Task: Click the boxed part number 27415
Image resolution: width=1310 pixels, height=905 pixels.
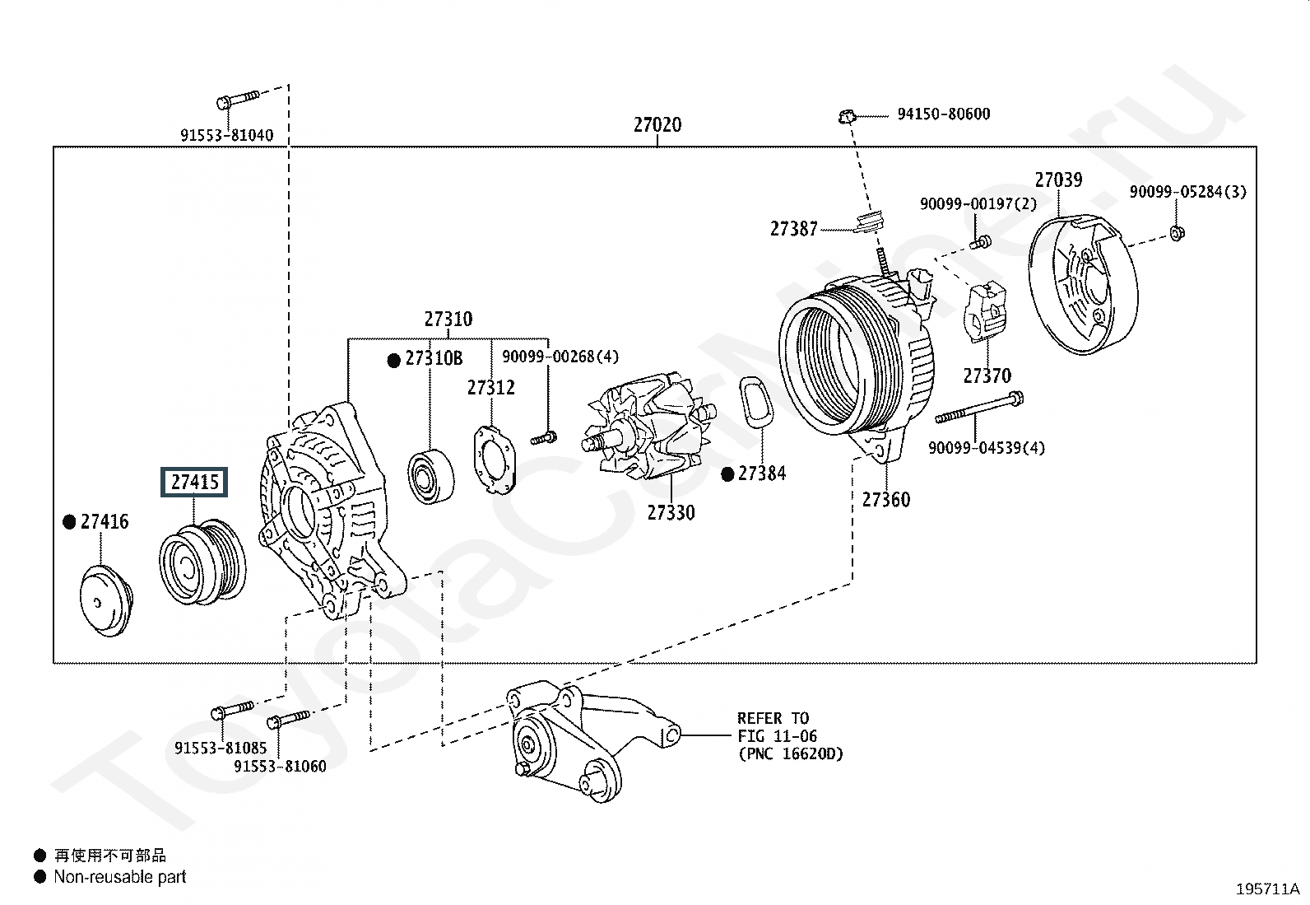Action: [194, 482]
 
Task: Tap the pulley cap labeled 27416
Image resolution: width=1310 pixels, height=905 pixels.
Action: [106, 600]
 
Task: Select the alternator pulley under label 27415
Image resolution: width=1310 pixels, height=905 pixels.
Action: [202, 562]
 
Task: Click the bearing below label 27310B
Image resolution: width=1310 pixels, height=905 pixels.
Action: [431, 477]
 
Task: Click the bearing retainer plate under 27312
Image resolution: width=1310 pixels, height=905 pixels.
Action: [495, 459]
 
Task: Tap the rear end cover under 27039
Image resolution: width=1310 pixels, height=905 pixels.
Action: [1083, 284]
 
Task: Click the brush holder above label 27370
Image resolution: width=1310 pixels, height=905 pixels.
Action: [987, 310]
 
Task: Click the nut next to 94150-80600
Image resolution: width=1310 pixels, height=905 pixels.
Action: [847, 116]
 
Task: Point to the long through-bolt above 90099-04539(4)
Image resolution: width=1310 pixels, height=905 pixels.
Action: [979, 408]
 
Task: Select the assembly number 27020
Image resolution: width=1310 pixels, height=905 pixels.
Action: [657, 124]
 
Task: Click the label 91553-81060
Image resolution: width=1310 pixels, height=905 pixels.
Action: [280, 766]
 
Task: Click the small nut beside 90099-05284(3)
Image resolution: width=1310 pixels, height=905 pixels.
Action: [1178, 233]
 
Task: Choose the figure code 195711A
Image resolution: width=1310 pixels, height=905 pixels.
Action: [1267, 889]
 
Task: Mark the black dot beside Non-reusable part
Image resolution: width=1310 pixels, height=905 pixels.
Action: [39, 876]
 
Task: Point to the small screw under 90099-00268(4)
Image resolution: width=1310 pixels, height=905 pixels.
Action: [544, 437]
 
